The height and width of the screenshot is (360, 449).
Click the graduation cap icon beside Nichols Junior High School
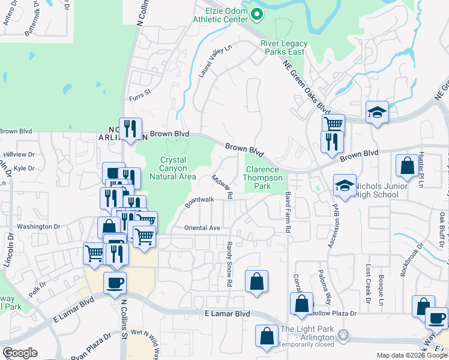coord(345,186)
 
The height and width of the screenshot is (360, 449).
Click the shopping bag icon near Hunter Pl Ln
coord(408,166)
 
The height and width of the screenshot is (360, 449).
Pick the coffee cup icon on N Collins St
coord(115,282)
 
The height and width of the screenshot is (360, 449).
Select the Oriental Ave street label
coord(202,228)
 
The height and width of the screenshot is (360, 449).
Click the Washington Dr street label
coord(39,226)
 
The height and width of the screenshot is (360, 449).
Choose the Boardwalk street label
coord(199,202)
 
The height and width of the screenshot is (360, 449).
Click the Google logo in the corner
coord(20,353)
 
